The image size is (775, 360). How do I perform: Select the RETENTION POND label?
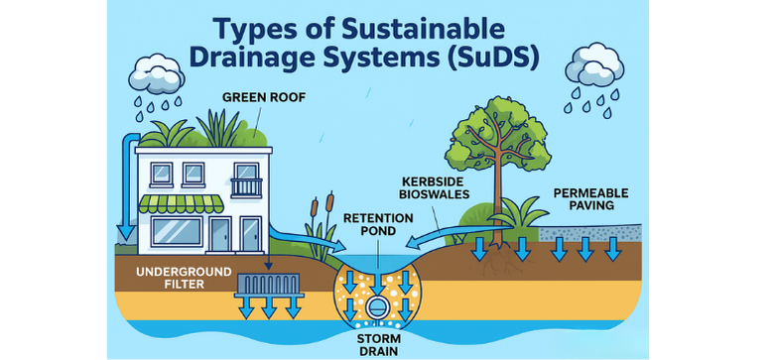pos(370,224)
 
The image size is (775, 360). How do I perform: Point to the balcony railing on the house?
pos(246,186)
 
